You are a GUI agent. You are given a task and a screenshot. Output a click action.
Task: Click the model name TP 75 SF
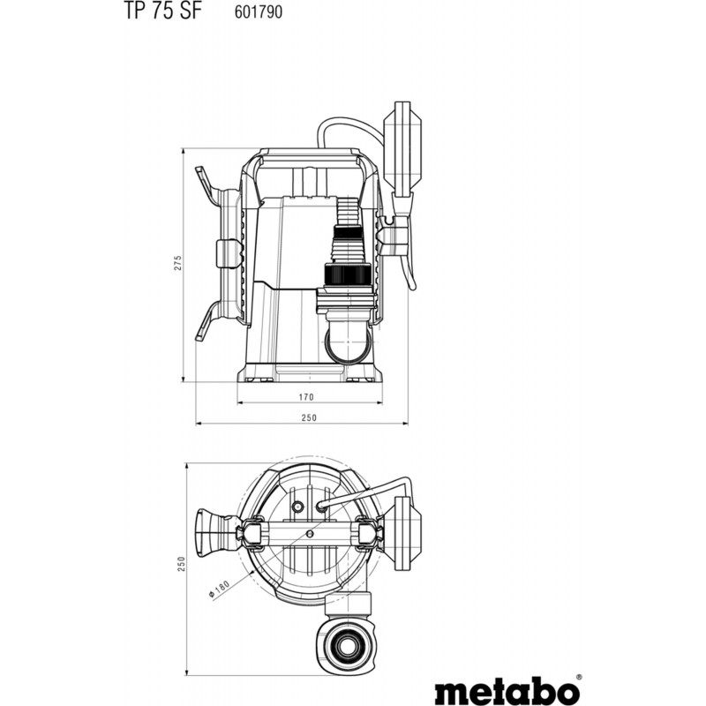161,11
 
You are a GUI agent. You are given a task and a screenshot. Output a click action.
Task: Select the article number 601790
259,11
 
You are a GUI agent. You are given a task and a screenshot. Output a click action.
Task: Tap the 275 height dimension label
178,262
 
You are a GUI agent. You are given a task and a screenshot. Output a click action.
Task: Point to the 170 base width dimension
306,397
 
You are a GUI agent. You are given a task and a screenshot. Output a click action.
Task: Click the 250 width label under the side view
309,417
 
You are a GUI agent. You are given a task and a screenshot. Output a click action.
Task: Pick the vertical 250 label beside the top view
181,564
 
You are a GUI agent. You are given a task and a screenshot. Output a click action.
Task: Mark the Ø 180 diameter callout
220,589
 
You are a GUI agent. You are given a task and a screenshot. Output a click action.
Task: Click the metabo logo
507,689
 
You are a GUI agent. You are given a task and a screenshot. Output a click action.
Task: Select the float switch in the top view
409,533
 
